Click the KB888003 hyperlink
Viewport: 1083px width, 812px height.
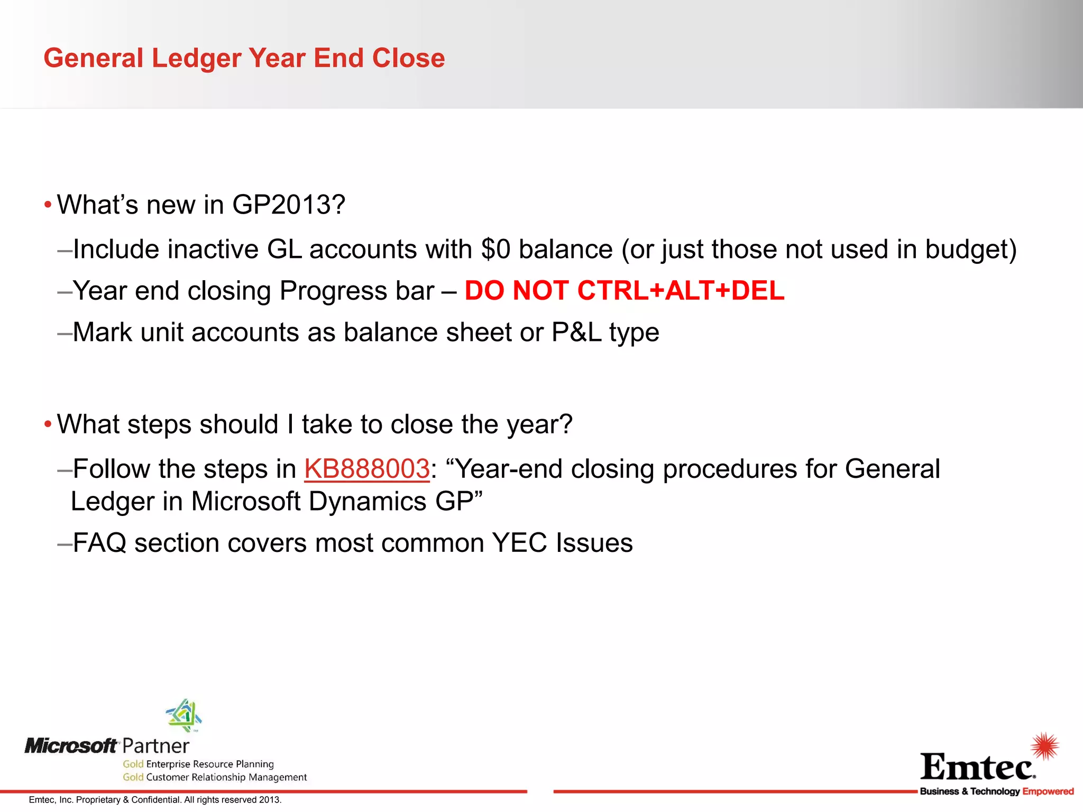click(366, 469)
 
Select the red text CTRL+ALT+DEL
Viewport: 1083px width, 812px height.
click(681, 291)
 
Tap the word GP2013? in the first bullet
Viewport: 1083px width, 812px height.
click(288, 205)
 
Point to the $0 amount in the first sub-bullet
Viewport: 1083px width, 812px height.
click(495, 250)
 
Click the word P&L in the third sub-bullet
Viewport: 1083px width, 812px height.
click(576, 333)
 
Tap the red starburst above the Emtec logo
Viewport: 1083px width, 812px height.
click(1044, 746)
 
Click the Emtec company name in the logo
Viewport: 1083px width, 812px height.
click(977, 767)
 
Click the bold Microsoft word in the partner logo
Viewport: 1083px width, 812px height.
click(71, 746)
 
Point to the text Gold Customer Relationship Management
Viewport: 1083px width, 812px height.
click(215, 777)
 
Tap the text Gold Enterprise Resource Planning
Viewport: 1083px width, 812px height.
click(198, 764)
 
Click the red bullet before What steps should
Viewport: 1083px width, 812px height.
click(48, 425)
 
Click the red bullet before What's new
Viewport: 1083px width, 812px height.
click(48, 205)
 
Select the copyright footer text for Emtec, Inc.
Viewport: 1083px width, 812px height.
click(155, 800)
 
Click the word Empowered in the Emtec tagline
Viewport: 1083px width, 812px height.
click(1048, 791)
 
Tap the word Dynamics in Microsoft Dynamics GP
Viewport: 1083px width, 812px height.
click(367, 502)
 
